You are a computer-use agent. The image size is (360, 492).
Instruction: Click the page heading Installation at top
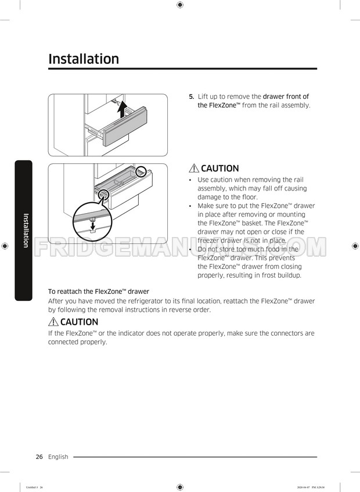[84, 59]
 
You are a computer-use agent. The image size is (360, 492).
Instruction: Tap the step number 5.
[192, 96]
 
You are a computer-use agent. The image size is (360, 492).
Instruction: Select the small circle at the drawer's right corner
[141, 173]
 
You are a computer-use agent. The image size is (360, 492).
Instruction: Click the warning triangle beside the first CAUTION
[194, 168]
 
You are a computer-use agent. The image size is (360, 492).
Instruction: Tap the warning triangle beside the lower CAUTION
[53, 322]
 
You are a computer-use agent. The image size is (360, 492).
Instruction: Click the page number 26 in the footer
[39, 457]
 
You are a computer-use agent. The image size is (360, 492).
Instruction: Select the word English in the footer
[58, 457]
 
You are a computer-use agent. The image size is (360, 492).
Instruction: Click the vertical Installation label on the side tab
[26, 231]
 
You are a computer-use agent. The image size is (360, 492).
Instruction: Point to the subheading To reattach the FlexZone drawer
[98, 291]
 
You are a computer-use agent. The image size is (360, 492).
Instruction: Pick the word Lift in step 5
[204, 96]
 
